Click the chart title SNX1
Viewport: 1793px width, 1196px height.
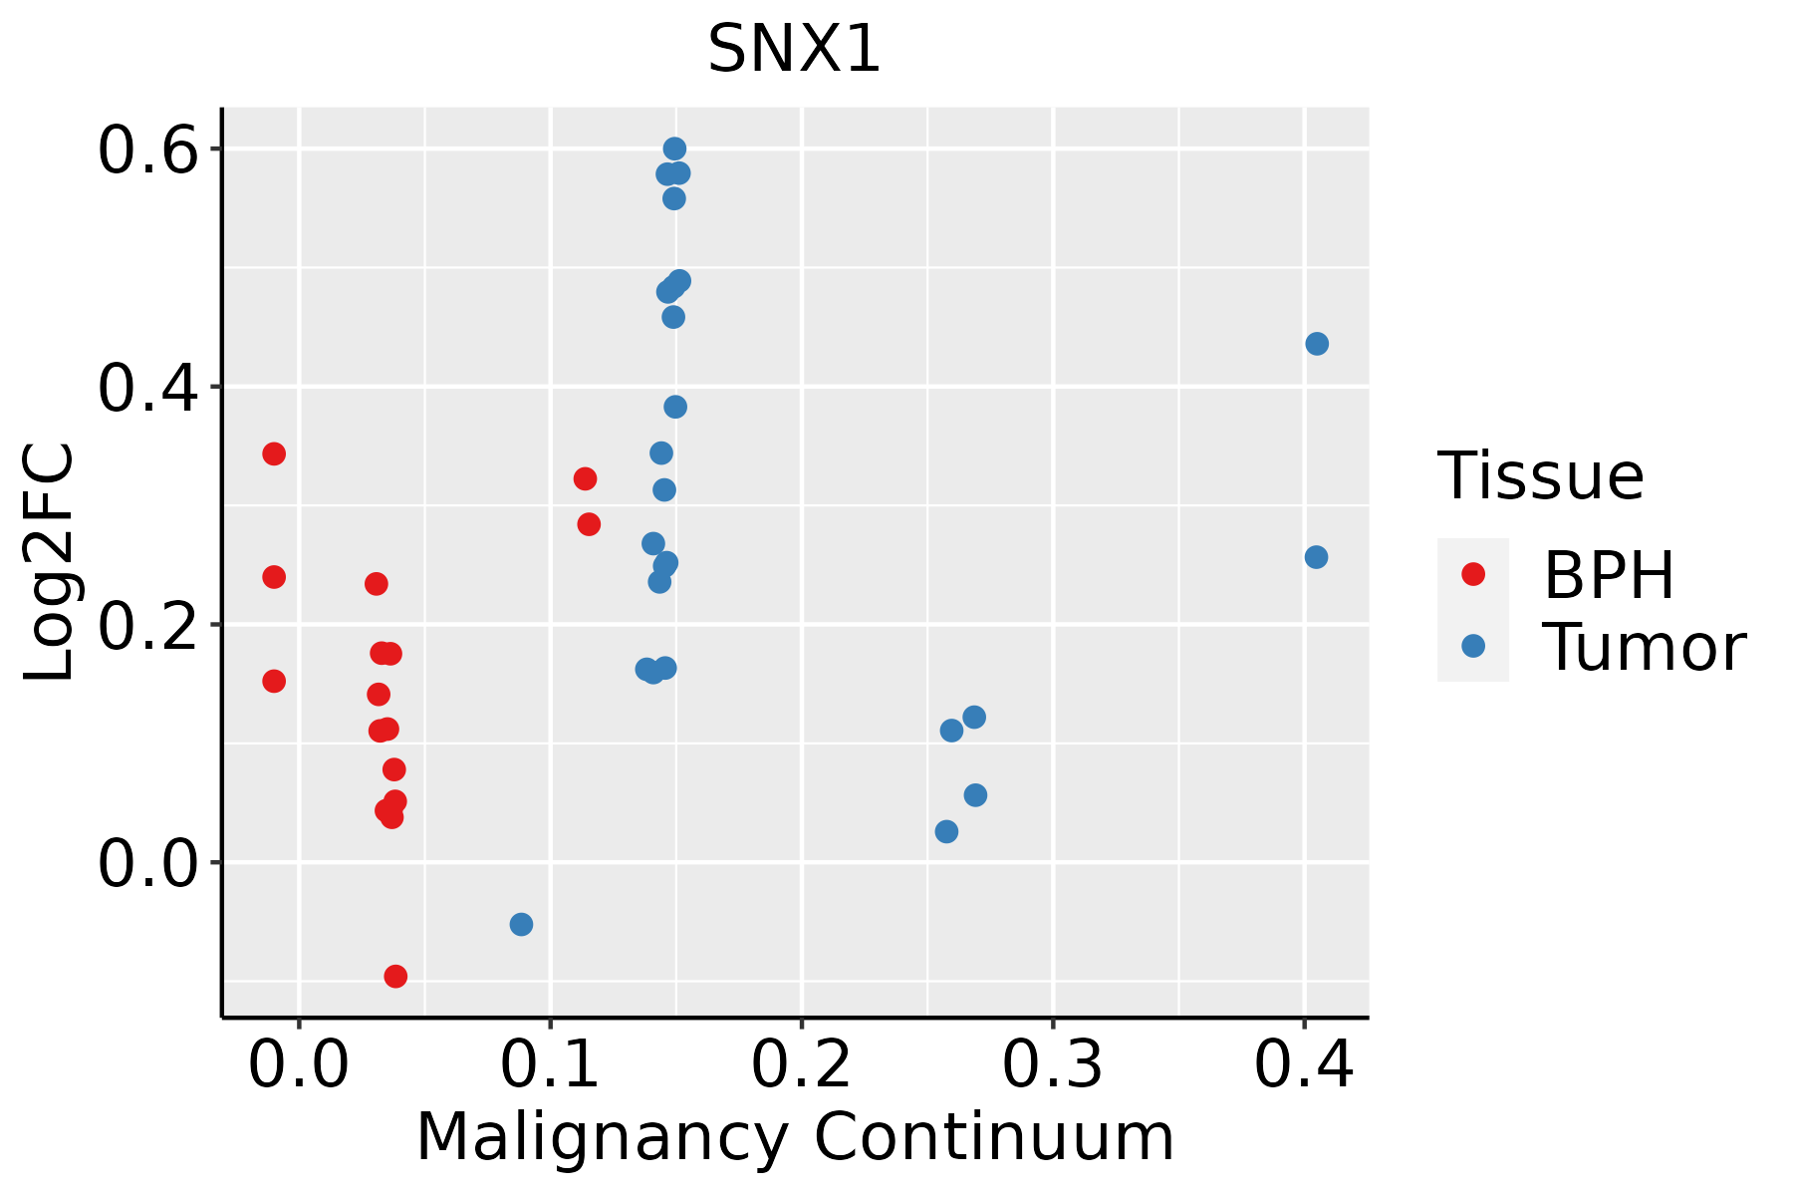click(x=794, y=50)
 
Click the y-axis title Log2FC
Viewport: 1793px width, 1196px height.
click(x=50, y=563)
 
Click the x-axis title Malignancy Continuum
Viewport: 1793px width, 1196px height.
click(x=794, y=1137)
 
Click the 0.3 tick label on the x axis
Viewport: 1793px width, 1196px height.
click(x=1052, y=1064)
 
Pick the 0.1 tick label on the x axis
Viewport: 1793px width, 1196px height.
click(x=550, y=1064)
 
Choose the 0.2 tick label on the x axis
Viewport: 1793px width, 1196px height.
click(x=801, y=1064)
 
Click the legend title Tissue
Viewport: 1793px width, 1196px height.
click(x=1541, y=476)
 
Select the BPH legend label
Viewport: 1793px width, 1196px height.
click(x=1609, y=575)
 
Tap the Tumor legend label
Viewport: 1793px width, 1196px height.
click(x=1644, y=648)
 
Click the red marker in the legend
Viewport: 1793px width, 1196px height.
click(x=1472, y=574)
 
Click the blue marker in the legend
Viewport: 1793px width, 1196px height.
click(x=1472, y=646)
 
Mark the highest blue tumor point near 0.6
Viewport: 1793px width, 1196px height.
click(x=674, y=149)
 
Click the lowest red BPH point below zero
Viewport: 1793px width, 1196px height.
click(x=395, y=976)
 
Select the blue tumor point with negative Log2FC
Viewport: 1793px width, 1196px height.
click(x=521, y=925)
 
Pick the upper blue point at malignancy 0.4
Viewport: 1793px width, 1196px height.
click(x=1317, y=344)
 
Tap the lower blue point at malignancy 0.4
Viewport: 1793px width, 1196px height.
click(x=1316, y=557)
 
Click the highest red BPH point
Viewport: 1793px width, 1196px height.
click(x=274, y=454)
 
